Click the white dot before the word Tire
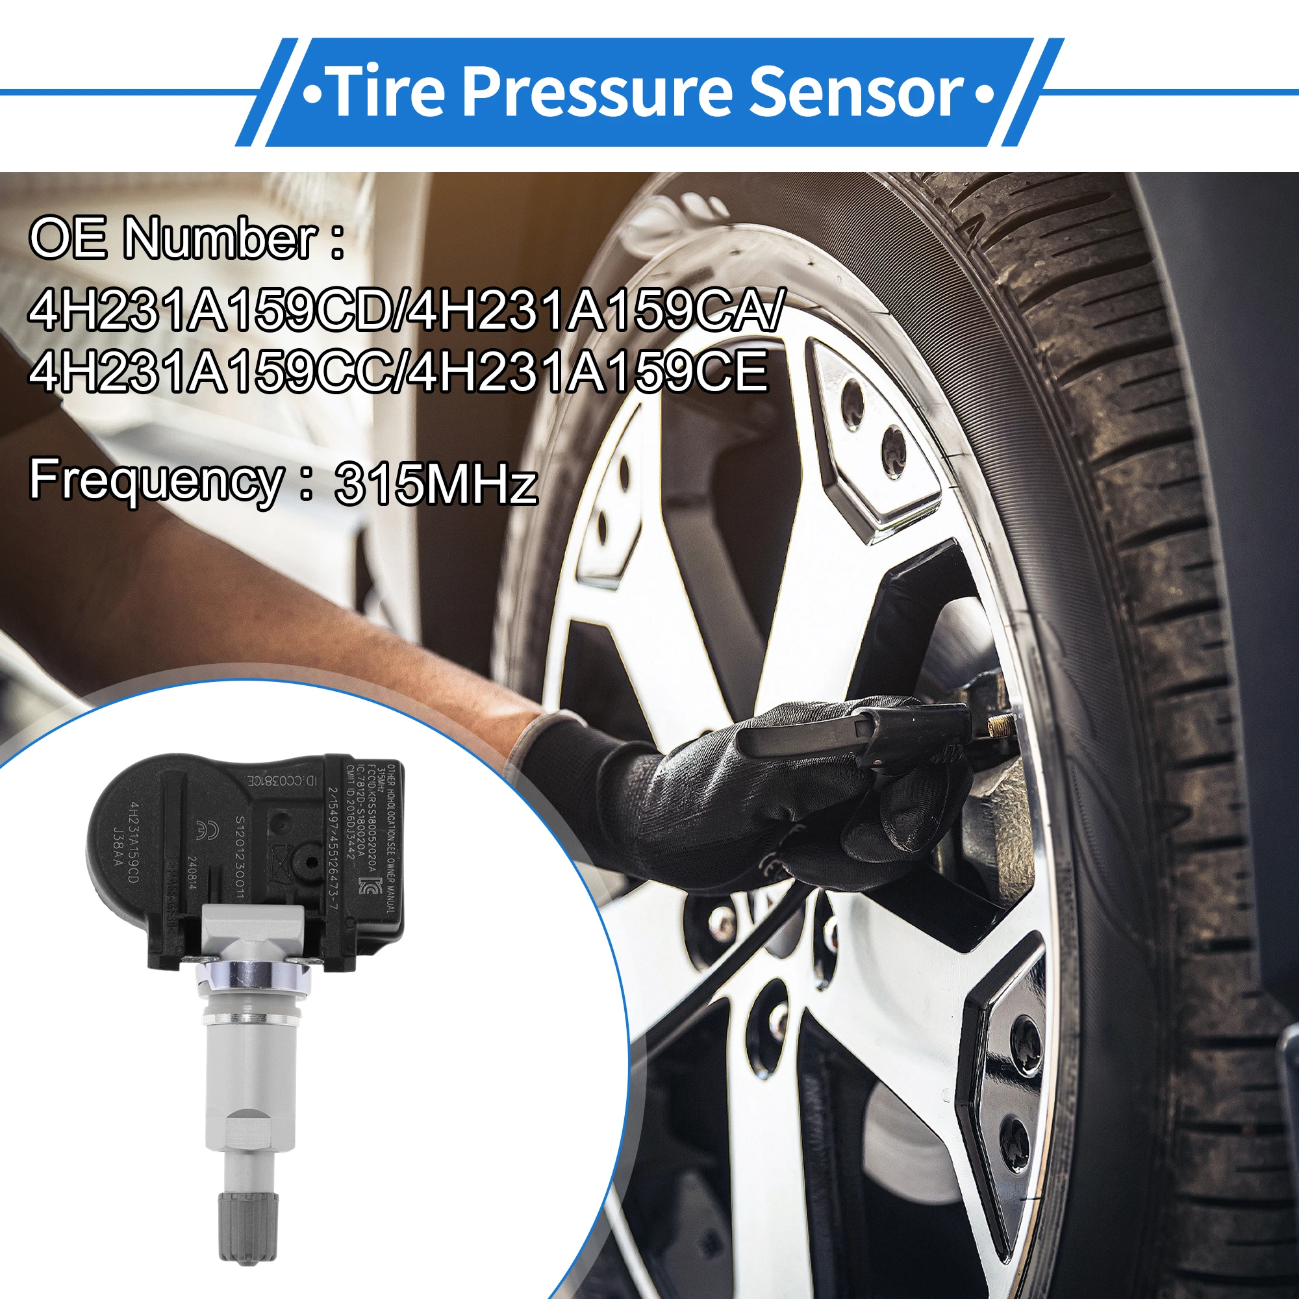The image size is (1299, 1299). (x=311, y=93)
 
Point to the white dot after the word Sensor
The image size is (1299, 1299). (x=983, y=93)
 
